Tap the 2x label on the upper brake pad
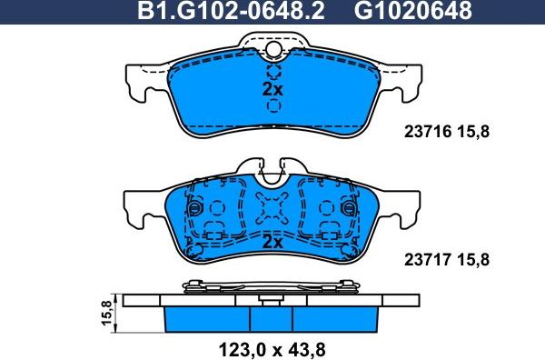(x=272, y=90)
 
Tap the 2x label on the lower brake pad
(x=272, y=242)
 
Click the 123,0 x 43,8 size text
(x=270, y=346)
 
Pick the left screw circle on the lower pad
(x=193, y=209)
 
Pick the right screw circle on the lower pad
(x=351, y=209)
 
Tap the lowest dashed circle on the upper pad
(x=272, y=105)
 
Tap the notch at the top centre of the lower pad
(x=272, y=169)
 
